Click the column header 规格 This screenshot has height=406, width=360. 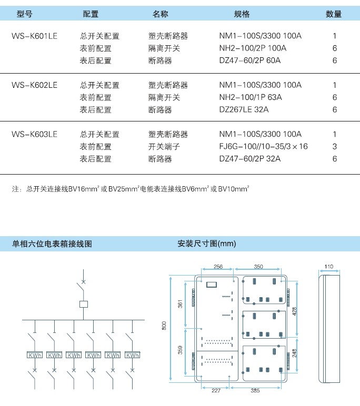tap(242, 14)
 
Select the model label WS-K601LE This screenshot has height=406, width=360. tap(34, 36)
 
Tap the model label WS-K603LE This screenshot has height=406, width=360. tap(34, 135)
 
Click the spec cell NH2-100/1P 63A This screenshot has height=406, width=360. tap(251, 97)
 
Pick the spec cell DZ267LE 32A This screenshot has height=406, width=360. tap(244, 109)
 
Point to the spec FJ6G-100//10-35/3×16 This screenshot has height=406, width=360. tap(263, 147)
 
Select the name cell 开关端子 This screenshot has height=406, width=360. tap(164, 147)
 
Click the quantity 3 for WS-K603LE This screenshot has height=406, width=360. tap(335, 147)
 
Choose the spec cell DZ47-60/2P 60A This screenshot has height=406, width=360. tap(250, 60)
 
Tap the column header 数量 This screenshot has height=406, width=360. tap(334, 14)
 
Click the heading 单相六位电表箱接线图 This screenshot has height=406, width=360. tap(52, 243)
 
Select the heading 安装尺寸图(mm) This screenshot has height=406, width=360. tap(206, 243)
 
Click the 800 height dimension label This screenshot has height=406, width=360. tap(164, 326)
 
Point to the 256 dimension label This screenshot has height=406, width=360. tap(218, 267)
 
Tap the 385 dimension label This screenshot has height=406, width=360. tap(255, 390)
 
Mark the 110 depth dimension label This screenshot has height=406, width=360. tap(328, 267)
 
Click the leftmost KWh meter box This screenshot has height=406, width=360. tap(35, 355)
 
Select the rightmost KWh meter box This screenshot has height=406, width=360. tap(133, 355)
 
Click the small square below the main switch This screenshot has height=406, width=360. tap(84, 304)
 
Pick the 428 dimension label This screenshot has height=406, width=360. tap(294, 311)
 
